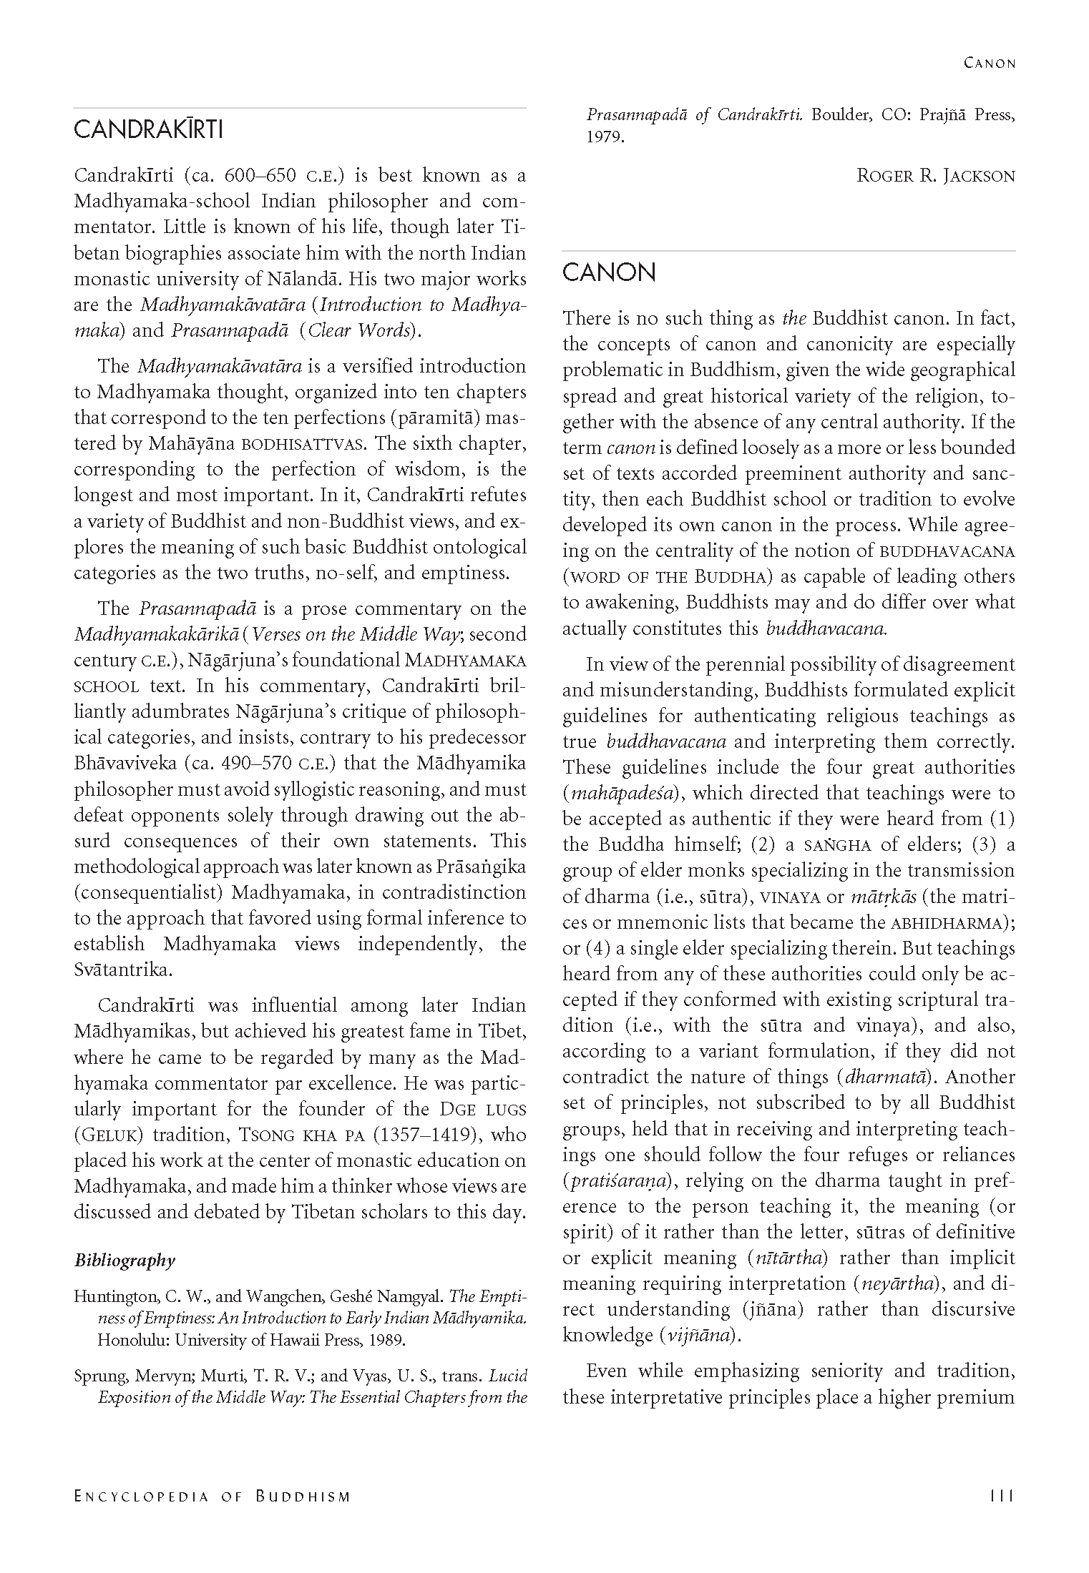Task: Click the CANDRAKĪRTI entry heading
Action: pyautogui.click(x=149, y=130)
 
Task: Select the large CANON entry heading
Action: pyautogui.click(x=609, y=272)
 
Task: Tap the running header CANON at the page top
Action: pyautogui.click(x=990, y=63)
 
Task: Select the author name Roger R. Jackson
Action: pyautogui.click(x=936, y=175)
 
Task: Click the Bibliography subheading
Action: pyautogui.click(x=124, y=1260)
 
